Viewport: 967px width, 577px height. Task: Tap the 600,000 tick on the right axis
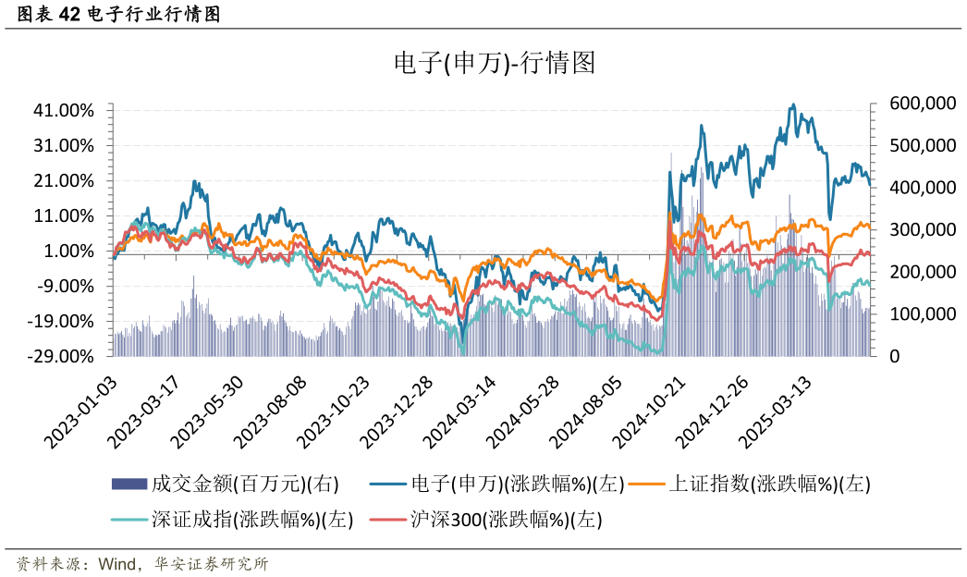[x=922, y=104]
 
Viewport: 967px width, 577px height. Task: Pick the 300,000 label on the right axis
[x=922, y=229]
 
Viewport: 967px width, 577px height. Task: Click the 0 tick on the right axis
[x=895, y=356]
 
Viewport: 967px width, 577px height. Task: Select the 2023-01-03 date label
[x=83, y=412]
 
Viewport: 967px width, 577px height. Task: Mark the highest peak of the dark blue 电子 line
[x=791, y=105]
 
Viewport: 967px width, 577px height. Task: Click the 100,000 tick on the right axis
[x=922, y=314]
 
